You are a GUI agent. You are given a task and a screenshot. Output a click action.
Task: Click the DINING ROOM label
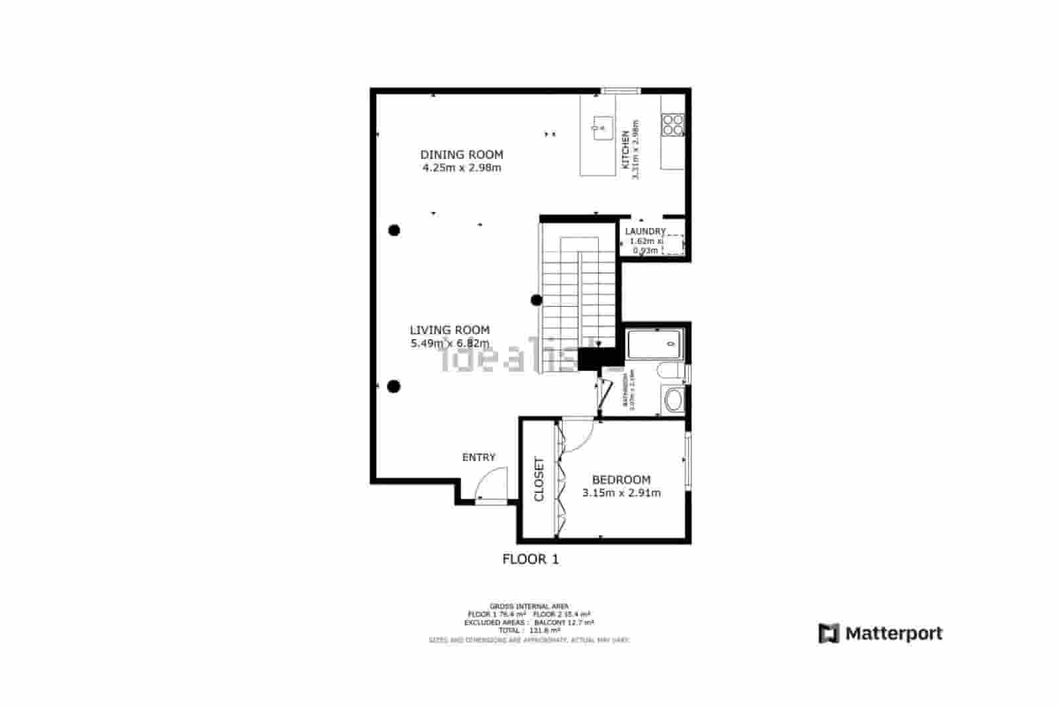[462, 154]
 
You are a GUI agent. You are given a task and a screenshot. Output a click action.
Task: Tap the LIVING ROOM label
[449, 330]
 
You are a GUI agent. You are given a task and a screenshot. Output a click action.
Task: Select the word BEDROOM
[621, 480]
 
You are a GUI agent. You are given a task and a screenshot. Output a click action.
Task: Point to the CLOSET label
[539, 479]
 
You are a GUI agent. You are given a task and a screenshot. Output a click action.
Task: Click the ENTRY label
[478, 457]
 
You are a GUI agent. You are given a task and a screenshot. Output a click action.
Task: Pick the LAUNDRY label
[645, 231]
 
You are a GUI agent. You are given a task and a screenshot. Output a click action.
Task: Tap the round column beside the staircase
[537, 300]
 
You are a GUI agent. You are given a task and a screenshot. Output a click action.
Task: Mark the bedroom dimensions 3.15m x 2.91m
[621, 493]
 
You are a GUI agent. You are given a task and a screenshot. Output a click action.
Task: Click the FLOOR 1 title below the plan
[530, 559]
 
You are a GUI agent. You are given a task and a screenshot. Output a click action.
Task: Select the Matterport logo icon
[829, 633]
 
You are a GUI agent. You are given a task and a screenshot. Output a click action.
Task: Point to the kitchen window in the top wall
[621, 91]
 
